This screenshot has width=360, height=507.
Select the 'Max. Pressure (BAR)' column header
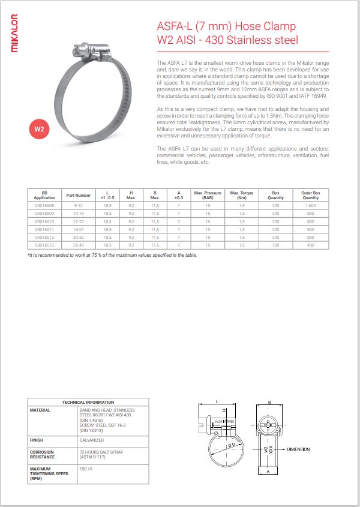coord(208,195)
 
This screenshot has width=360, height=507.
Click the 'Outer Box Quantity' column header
coord(310,195)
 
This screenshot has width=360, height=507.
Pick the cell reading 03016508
coord(44,205)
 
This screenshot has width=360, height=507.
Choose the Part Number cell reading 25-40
coord(79,245)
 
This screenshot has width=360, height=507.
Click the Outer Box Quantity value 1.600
coord(310,205)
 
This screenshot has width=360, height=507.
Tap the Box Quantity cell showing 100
coord(275,245)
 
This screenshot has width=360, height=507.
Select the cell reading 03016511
coord(44,229)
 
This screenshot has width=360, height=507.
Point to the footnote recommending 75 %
coord(112,255)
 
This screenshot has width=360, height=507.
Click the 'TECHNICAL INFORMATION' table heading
coord(88,401)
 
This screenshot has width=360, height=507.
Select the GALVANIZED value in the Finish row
coord(92,440)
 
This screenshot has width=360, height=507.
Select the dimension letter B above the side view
coord(270,401)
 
